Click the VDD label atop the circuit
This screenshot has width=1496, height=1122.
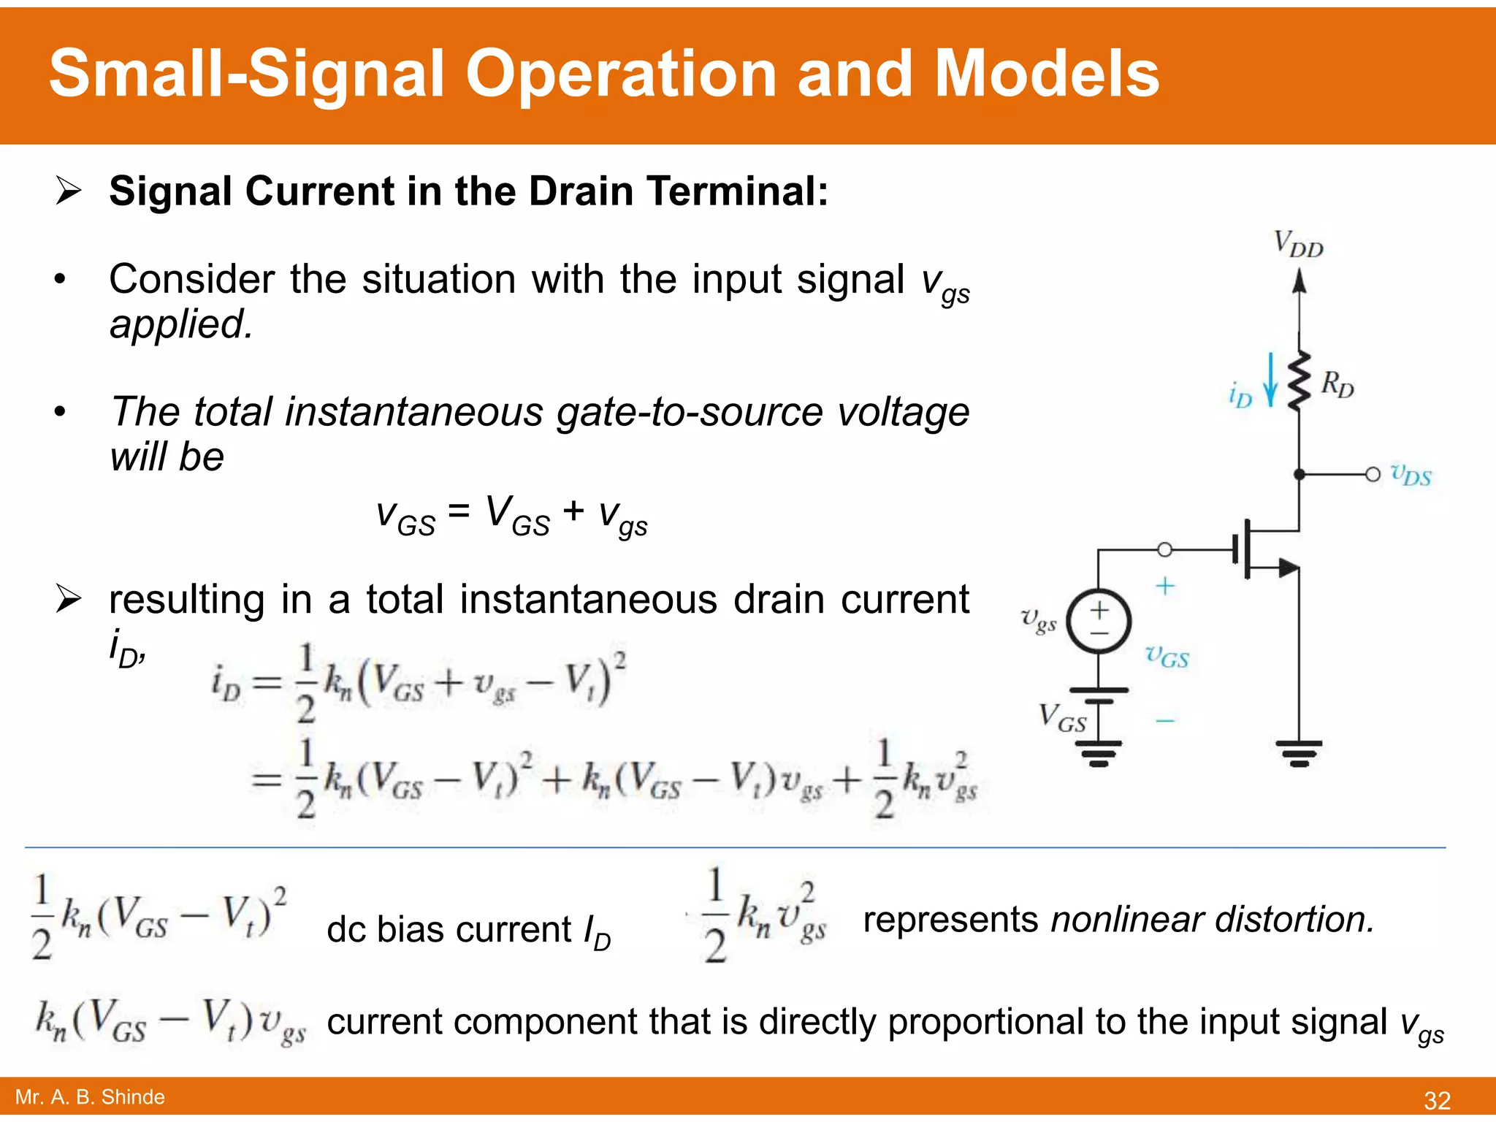1298,244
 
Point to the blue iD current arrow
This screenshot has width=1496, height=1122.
1270,380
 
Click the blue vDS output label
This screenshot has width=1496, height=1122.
1411,475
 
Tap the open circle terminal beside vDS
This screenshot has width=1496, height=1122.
1373,475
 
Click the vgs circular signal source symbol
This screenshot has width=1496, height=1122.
1099,621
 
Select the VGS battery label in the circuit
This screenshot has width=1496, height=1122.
1062,717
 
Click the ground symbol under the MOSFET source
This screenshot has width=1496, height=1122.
1298,752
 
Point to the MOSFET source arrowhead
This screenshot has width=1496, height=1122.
1288,567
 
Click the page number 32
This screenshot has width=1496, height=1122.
1437,1100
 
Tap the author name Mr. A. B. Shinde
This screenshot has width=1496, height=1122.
90,1097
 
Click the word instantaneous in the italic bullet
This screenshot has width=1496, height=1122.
414,411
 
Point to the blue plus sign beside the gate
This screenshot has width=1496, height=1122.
1165,586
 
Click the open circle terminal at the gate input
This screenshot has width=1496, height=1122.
1165,549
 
